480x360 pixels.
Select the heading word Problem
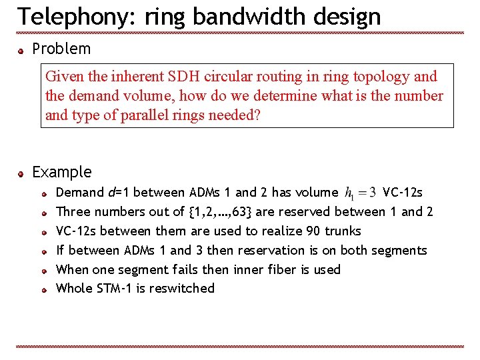click(61, 49)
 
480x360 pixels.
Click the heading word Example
click(62, 172)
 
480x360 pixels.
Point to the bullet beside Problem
click(22, 50)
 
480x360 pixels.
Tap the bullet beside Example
click(22, 173)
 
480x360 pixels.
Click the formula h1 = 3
click(361, 193)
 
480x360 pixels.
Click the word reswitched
click(183, 289)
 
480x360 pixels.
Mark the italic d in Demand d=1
click(111, 193)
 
